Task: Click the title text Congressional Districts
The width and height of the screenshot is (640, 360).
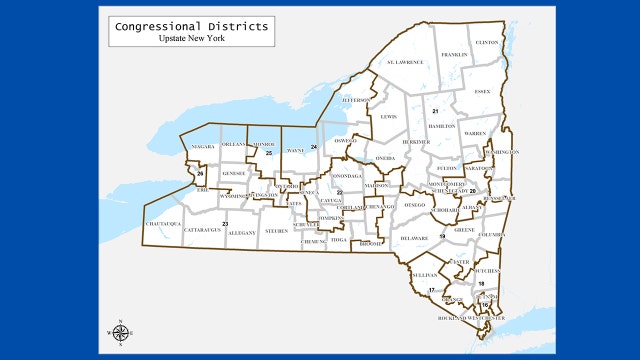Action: pyautogui.click(x=189, y=26)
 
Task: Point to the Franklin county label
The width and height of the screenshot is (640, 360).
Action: pyautogui.click(x=454, y=54)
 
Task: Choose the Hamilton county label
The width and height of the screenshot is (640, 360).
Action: pyautogui.click(x=441, y=127)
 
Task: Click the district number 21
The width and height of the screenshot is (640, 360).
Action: pyautogui.click(x=436, y=111)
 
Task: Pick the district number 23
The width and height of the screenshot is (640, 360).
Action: pyautogui.click(x=225, y=223)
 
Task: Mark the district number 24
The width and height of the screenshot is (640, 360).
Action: pyautogui.click(x=313, y=147)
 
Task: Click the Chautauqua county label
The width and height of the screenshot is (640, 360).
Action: pyautogui.click(x=163, y=223)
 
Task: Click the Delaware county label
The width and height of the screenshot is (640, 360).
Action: pyautogui.click(x=414, y=239)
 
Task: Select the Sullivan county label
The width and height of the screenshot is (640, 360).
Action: pyautogui.click(x=425, y=272)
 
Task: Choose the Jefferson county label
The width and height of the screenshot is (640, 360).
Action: pyautogui.click(x=357, y=100)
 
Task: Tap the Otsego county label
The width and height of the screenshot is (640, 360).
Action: pyautogui.click(x=415, y=205)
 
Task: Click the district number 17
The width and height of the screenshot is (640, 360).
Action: pyautogui.click(x=432, y=289)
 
